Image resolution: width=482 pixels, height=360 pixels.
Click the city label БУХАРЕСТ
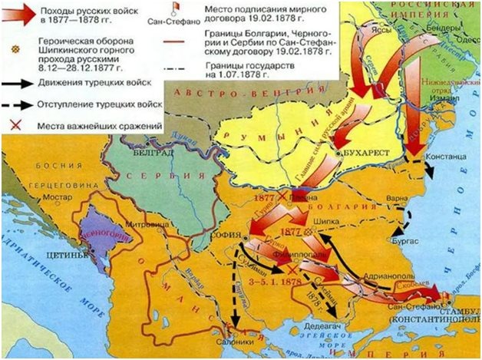pos(366,154)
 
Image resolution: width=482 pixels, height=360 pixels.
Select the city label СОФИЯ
pos(224,226)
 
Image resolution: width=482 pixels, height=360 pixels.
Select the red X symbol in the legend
pos(15,124)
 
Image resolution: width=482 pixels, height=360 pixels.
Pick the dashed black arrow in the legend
pos(18,104)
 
